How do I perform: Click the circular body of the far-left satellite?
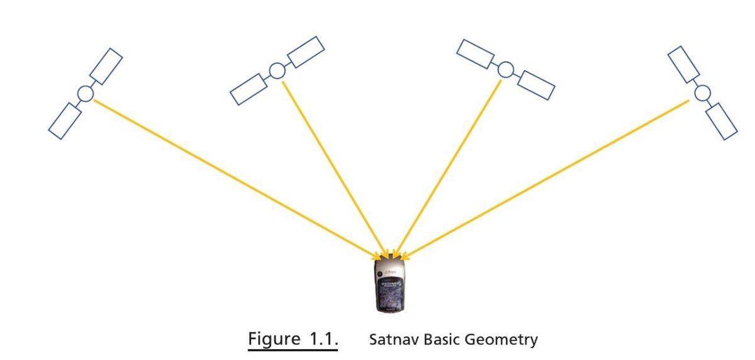(86, 94)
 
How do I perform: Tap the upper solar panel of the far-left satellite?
(106, 66)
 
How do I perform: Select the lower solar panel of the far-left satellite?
(65, 121)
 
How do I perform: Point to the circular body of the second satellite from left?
(277, 70)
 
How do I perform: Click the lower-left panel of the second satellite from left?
(248, 89)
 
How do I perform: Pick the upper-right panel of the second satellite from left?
(306, 52)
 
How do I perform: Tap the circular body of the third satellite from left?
(505, 69)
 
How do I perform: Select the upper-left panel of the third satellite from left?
(477, 53)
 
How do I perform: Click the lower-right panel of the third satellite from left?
(535, 86)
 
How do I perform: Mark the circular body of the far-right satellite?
(702, 93)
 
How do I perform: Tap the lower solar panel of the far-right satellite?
(721, 121)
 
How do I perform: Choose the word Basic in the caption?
(442, 340)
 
